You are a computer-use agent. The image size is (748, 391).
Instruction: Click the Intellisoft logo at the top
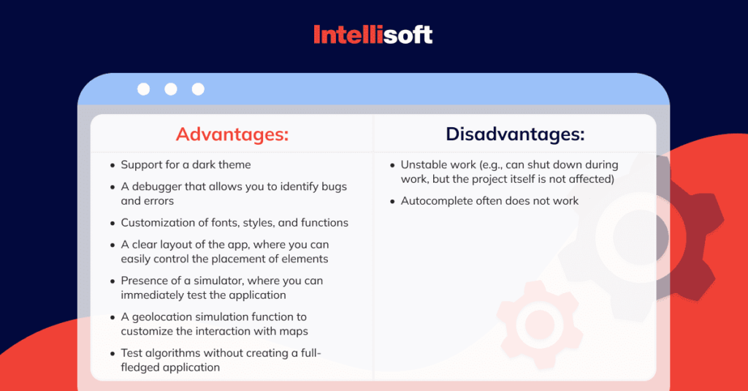373,34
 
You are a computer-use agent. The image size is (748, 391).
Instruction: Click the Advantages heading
232,134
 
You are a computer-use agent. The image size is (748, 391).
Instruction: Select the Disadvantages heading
515,134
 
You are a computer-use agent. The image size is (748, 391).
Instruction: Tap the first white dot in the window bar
144,89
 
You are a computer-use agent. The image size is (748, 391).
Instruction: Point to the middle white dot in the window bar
171,89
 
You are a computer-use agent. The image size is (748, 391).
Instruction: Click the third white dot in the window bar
198,89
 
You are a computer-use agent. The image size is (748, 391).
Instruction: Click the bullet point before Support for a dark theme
112,166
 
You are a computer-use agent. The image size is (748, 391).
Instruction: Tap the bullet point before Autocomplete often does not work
392,202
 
